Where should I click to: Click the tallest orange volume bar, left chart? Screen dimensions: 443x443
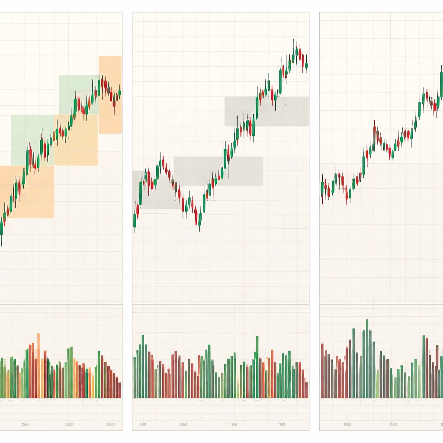(39, 366)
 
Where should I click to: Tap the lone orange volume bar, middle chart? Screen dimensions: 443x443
(272, 374)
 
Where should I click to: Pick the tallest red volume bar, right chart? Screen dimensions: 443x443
(427, 368)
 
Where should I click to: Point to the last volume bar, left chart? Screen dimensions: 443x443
(119, 390)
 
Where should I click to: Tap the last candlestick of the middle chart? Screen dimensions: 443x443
(306, 66)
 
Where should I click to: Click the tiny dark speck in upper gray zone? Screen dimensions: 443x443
(286, 104)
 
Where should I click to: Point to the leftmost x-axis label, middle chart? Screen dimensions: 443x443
(142, 424)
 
